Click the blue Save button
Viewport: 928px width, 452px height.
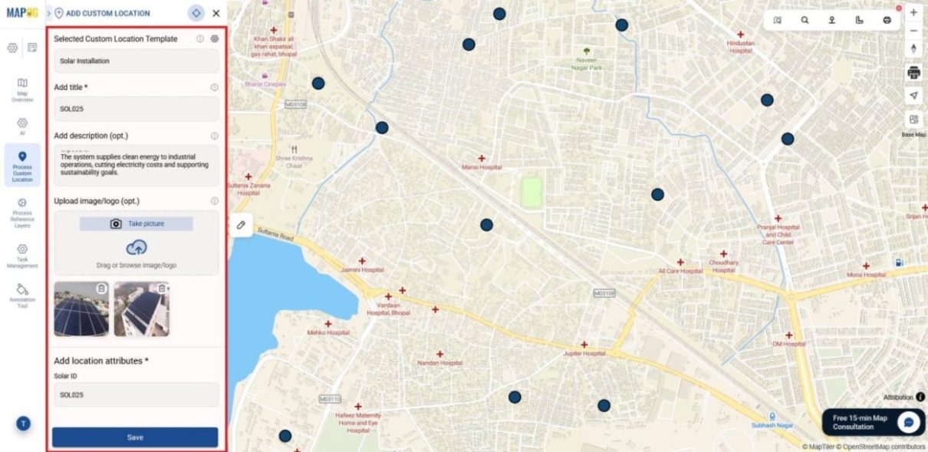[x=135, y=437]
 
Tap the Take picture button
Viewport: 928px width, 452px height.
[x=137, y=223]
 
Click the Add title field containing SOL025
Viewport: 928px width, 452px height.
[x=136, y=109]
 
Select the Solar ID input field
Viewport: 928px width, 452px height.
[x=136, y=395]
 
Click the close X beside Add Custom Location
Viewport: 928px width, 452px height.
[x=216, y=13]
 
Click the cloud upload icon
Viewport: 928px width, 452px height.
[x=137, y=247]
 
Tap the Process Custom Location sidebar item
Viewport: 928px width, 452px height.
[x=22, y=166]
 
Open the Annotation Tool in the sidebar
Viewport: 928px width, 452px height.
[x=22, y=295]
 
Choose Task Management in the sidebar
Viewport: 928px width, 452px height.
[x=22, y=256]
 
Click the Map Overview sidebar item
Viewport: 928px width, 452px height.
[x=22, y=89]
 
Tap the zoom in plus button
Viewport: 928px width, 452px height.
[x=913, y=13]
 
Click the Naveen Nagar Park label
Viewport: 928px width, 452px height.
[x=587, y=63]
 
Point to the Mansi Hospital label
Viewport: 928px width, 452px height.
[x=482, y=167]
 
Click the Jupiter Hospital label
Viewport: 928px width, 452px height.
[x=584, y=354]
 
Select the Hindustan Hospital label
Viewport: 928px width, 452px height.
[x=740, y=47]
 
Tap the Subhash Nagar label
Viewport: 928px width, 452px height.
[x=772, y=425]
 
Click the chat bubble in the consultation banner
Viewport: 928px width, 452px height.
[x=909, y=422]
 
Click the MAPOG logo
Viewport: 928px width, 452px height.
[x=21, y=13]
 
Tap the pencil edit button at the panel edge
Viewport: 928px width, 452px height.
[x=241, y=225]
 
